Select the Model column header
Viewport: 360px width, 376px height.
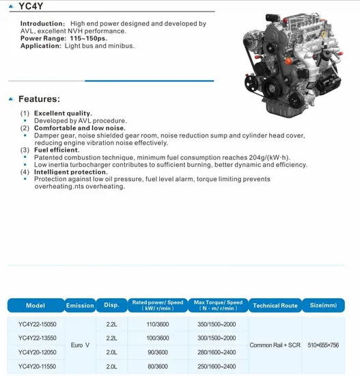36,306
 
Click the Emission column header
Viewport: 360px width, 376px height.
79,306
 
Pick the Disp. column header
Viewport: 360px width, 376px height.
111,306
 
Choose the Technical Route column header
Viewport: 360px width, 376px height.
275,306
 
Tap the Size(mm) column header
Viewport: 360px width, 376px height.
323,306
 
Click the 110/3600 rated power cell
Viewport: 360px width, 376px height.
157,325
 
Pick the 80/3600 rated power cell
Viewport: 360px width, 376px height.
157,367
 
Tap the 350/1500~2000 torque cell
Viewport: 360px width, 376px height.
217,325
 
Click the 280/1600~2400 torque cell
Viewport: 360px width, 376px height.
217,353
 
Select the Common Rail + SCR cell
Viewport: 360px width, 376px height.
275,345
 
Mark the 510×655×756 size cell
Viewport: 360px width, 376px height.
323,345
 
